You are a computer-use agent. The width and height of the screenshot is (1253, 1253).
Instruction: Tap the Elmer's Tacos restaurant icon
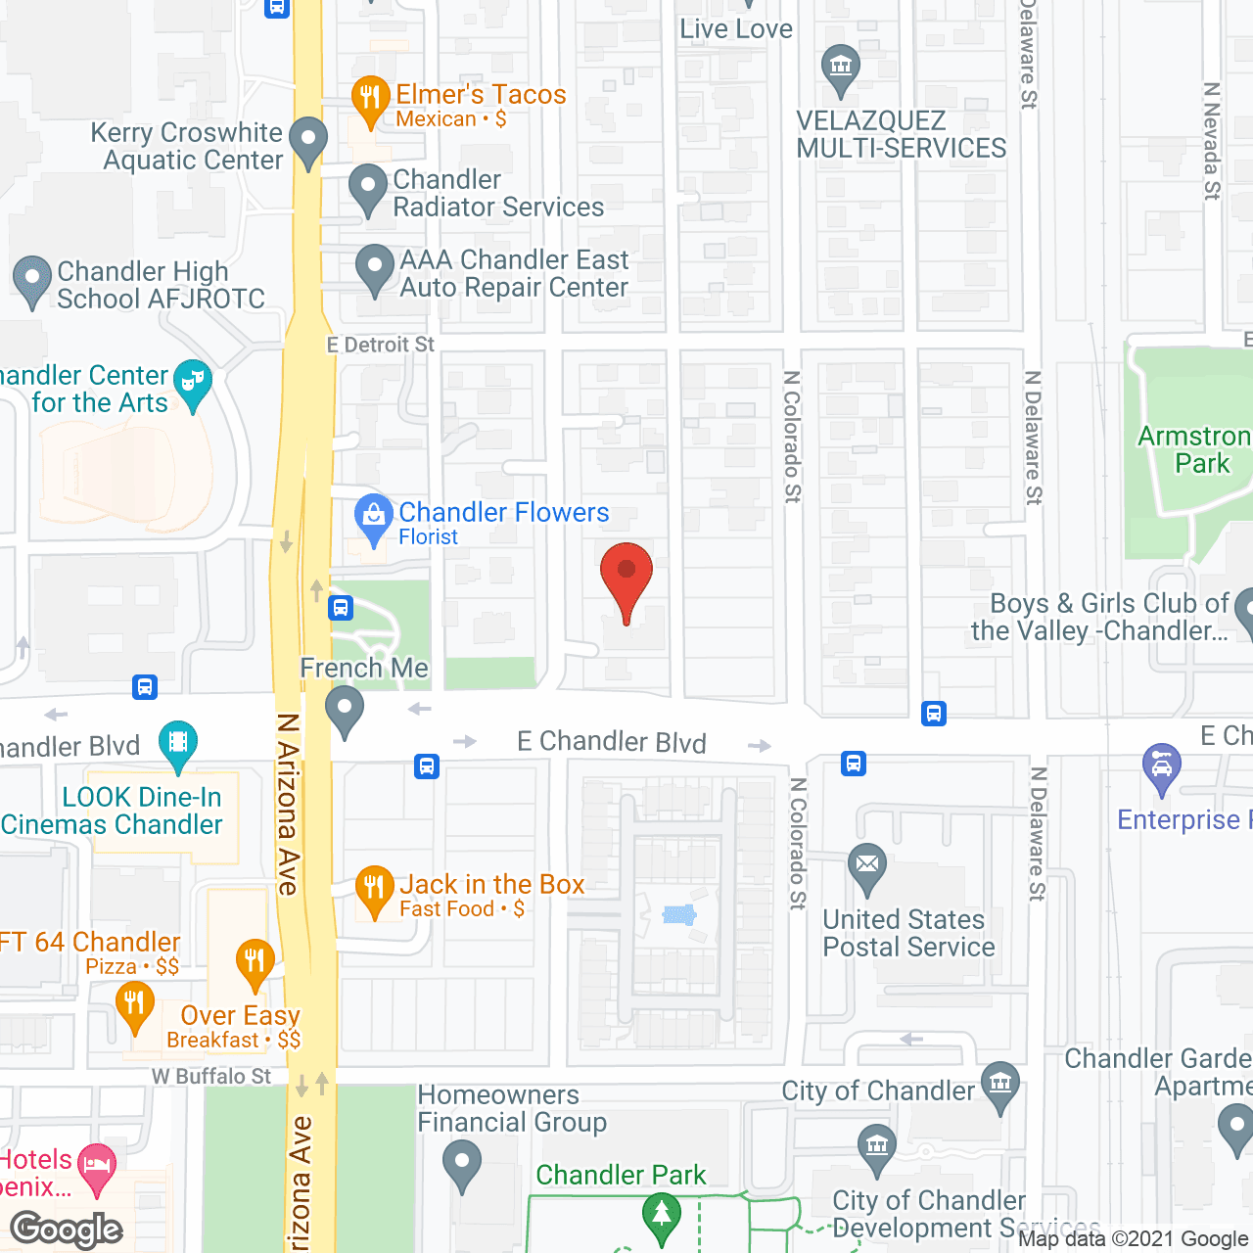point(370,98)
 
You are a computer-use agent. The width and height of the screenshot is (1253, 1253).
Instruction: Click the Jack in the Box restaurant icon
point(374,888)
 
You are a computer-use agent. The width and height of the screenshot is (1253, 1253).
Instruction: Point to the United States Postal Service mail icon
point(867,865)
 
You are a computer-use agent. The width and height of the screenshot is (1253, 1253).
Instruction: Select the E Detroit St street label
point(380,345)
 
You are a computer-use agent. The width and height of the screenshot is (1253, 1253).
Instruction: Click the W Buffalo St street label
point(211,1077)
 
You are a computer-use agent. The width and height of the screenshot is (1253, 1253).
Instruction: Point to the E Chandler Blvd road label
point(611,743)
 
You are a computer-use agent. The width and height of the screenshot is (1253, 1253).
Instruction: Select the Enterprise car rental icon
point(1162,766)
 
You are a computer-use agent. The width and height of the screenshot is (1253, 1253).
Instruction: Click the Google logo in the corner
point(67,1230)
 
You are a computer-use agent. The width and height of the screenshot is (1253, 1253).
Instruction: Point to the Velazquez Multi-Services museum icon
point(840,68)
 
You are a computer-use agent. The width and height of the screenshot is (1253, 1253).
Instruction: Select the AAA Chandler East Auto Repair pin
point(374,266)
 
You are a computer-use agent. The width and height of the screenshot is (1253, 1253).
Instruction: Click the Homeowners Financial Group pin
point(461,1164)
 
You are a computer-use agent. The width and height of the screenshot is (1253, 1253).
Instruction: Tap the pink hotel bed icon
point(96,1166)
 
